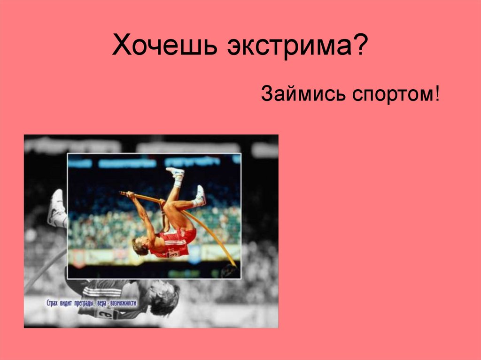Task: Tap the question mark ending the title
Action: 359,47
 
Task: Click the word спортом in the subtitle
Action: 391,94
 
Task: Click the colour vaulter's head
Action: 140,246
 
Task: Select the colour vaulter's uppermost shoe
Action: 175,173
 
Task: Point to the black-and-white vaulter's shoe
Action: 56,207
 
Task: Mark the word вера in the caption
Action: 102,303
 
